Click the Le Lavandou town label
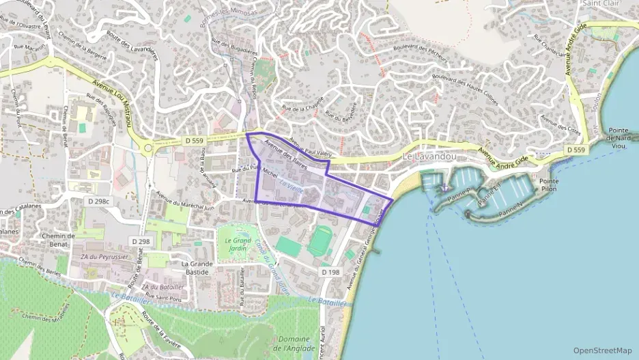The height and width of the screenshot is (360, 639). (428, 156)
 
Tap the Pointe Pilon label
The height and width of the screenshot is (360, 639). (549, 185)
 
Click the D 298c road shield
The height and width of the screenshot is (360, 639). (99, 202)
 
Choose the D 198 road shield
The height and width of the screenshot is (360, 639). (330, 272)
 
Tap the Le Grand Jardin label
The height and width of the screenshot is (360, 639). (233, 244)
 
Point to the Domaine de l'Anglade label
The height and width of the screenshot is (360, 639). (296, 344)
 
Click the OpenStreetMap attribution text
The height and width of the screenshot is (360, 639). (603, 350)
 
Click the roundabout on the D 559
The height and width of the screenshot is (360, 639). (147, 146)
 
